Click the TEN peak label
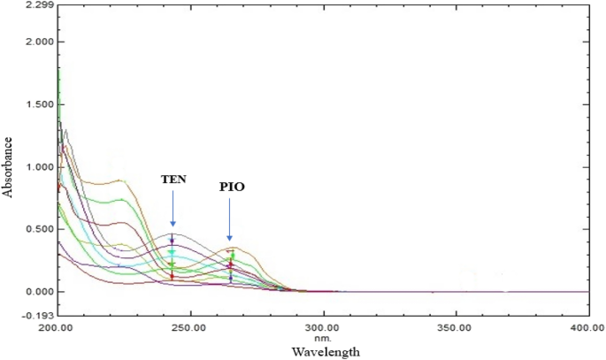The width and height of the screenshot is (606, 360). point(173,179)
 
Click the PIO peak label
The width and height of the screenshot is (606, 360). point(231,188)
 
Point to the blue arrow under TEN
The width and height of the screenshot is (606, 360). point(173,208)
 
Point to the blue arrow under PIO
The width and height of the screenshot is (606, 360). point(230,219)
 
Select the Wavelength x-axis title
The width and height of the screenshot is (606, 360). point(325,352)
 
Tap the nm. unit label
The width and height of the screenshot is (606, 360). point(324,337)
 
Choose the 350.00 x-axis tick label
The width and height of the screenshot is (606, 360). point(456,328)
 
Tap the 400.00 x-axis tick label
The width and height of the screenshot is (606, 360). point(587,328)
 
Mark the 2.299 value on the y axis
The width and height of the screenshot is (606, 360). point(39,5)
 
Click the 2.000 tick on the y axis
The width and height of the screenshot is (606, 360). point(39,42)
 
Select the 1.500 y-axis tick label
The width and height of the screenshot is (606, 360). point(39,104)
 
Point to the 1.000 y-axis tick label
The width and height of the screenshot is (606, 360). point(39,167)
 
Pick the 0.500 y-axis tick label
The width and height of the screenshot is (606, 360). point(39,229)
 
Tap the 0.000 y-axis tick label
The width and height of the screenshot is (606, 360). point(39,292)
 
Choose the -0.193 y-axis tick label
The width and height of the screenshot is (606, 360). point(37,315)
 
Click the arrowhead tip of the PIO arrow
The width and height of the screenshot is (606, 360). point(230,240)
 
